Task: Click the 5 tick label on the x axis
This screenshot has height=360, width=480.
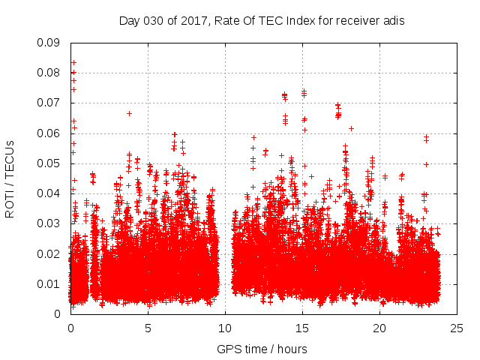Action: [148, 328]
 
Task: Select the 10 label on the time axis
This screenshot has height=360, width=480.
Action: [225, 328]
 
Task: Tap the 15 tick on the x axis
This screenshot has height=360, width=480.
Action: [302, 328]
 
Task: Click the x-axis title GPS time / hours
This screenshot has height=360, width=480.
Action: [262, 349]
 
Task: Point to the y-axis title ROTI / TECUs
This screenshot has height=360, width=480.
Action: [10, 178]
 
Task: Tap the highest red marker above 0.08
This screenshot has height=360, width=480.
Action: [73, 62]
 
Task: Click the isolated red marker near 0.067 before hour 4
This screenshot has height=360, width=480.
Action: [129, 113]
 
